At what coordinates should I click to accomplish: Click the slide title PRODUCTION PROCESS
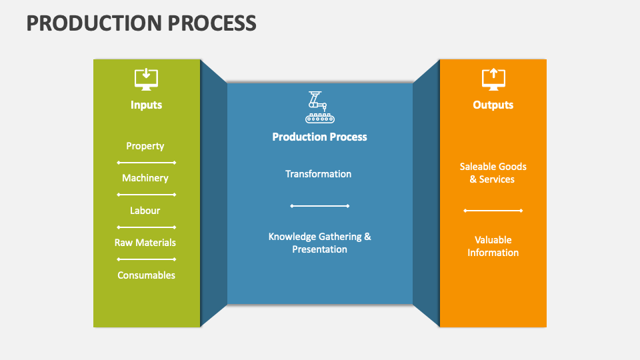coord(141,23)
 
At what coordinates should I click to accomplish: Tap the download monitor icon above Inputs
coord(146,79)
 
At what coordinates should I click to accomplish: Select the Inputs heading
coord(146,105)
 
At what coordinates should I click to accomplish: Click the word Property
coord(145,146)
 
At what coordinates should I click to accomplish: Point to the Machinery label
coord(145,178)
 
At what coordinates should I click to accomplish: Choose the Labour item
coord(145,211)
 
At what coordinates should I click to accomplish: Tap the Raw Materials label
coord(145,243)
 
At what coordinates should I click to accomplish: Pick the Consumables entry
coord(146,275)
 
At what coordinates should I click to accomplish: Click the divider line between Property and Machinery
coord(146,163)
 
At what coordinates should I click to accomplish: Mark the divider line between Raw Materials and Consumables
coord(146,259)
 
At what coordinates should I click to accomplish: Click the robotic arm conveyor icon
coord(319,107)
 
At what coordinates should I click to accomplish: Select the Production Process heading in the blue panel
coord(319,137)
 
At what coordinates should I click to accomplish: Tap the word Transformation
coord(319,174)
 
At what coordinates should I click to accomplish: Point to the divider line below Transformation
coord(319,206)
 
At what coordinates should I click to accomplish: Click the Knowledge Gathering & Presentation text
coord(319,243)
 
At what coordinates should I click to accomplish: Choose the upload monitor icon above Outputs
coord(493,79)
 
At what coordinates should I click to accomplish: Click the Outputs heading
coord(493,105)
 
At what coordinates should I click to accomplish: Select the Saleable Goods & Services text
coord(493,173)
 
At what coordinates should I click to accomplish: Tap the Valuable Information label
coord(493,246)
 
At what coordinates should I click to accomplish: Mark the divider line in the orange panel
coord(493,211)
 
